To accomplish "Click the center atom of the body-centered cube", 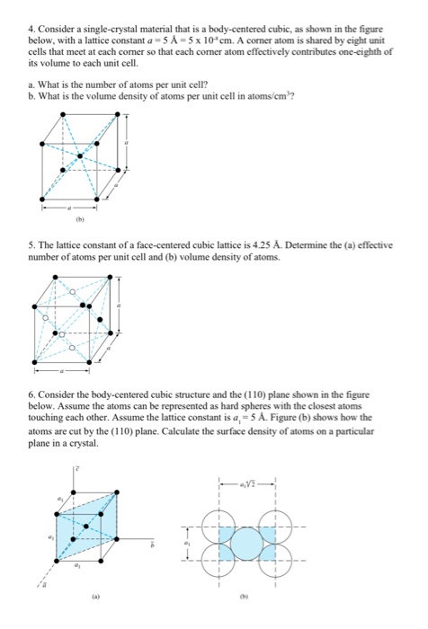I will point(80,155).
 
